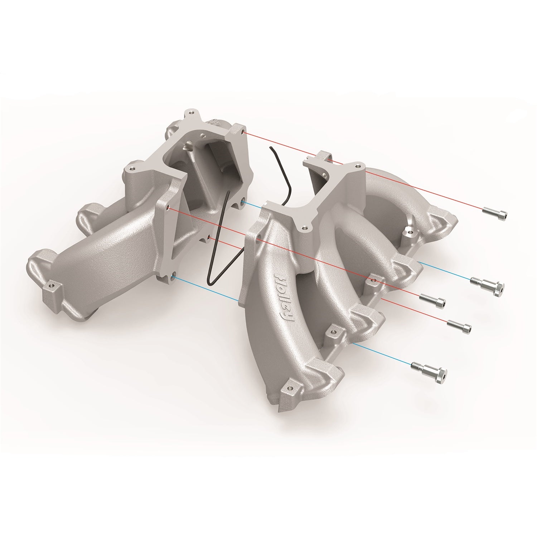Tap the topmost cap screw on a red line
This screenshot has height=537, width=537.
point(495,212)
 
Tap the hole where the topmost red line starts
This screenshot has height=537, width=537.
point(244,132)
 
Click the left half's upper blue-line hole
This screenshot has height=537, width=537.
point(243,203)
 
